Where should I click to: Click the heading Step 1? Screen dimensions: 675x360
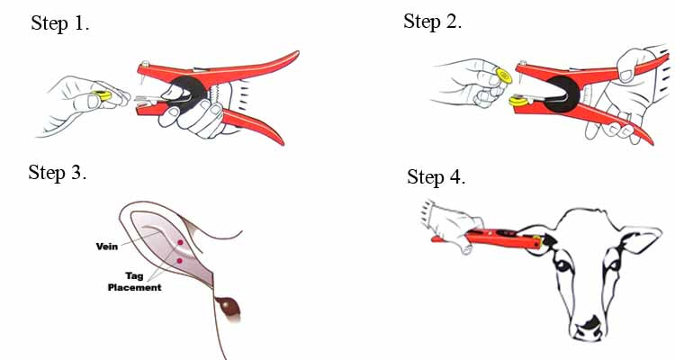point(59,22)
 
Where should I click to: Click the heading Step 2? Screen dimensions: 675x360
point(432,21)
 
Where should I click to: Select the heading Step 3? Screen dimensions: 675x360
point(58,173)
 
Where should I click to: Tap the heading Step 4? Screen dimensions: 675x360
point(436,177)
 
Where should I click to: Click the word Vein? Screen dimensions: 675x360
point(107,247)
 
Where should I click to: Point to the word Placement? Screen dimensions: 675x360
point(135,287)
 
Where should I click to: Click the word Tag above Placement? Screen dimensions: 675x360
point(134,275)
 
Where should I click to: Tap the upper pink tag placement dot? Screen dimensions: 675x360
point(180,242)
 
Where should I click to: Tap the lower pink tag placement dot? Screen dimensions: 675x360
point(179,260)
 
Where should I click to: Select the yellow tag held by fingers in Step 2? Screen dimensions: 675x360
point(504,76)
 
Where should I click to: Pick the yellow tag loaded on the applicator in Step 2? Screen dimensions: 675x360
point(518,101)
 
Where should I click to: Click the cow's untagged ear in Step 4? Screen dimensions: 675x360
point(642,238)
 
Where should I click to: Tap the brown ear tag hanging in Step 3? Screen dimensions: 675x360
point(229,308)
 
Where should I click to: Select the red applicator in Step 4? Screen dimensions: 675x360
point(490,238)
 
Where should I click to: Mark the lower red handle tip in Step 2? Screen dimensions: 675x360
point(651,142)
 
